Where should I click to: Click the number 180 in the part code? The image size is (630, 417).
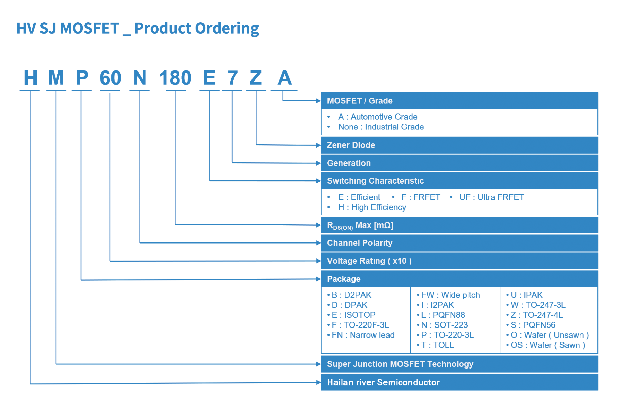click(175, 78)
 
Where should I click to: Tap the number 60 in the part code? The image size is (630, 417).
click(110, 78)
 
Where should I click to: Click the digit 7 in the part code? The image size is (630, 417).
click(232, 78)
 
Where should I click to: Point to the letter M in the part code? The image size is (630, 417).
click(56, 78)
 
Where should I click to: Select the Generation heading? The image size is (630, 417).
click(349, 163)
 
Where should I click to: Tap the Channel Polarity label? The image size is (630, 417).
click(360, 243)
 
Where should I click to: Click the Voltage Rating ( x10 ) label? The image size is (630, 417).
click(369, 261)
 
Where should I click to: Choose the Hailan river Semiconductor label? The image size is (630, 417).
click(383, 382)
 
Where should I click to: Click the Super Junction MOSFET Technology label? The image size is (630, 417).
click(400, 364)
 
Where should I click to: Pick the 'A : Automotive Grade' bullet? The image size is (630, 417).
click(378, 117)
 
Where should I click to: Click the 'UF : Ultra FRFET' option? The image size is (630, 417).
click(492, 197)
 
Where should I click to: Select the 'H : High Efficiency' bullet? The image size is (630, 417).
click(372, 207)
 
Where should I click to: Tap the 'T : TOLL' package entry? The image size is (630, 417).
click(438, 345)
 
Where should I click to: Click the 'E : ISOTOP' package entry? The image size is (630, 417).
click(353, 315)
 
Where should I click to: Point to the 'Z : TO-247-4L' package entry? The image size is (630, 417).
click(537, 315)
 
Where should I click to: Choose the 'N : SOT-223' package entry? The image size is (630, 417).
click(444, 325)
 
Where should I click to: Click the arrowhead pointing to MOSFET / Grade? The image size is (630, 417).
click(318, 101)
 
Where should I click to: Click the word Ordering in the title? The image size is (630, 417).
click(227, 29)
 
